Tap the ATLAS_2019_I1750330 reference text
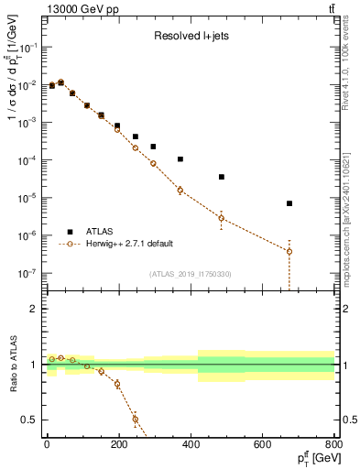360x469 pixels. click(189, 274)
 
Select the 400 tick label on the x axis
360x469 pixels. click(191, 444)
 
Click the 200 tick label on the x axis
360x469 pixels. click(118, 444)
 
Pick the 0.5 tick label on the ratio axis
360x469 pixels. click(29, 420)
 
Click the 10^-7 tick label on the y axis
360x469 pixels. click(27, 273)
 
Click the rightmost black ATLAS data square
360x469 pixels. click(289, 203)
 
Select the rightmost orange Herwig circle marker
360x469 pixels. click(289, 251)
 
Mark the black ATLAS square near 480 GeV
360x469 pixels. click(222, 177)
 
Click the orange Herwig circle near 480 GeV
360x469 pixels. click(222, 218)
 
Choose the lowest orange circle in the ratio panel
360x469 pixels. click(136, 420)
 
